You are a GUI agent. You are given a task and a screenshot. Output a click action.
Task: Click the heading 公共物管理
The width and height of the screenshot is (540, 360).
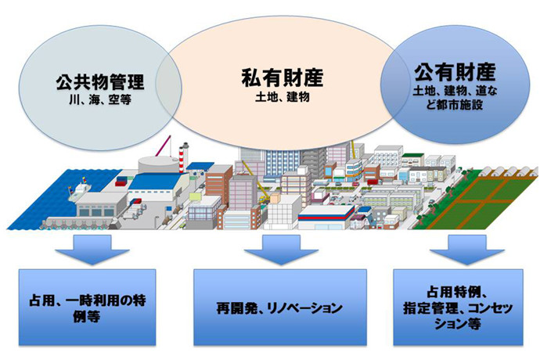click(x=100, y=83)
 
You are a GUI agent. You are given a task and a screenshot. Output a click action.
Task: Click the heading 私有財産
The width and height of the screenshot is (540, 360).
click(x=283, y=77)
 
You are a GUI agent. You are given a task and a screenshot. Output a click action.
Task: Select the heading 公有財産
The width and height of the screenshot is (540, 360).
click(x=455, y=72)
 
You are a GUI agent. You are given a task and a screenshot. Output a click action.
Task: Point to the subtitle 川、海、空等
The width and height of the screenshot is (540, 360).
click(x=100, y=100)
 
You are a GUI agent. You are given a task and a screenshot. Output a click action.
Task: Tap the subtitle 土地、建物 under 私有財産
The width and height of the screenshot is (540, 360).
click(x=283, y=97)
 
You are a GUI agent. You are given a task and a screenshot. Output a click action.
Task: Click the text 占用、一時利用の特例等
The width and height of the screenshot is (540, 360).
click(x=87, y=308)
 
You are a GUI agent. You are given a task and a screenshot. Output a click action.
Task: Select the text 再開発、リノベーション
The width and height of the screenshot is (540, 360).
click(x=279, y=308)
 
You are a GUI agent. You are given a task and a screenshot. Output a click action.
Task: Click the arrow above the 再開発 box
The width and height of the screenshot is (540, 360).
click(x=281, y=250)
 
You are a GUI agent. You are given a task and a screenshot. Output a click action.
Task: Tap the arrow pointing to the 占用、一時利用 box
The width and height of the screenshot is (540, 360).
click(x=92, y=250)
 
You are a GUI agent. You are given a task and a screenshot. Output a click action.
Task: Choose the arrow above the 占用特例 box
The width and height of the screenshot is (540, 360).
click(x=467, y=250)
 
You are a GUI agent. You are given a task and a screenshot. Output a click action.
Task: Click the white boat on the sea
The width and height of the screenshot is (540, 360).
click(x=78, y=190)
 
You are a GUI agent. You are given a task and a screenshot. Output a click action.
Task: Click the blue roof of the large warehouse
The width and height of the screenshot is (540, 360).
click(x=158, y=182)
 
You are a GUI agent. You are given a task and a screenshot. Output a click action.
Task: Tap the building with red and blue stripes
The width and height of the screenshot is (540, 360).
click(x=326, y=217)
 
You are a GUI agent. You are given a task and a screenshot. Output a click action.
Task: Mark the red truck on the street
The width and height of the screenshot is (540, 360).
click(x=373, y=182)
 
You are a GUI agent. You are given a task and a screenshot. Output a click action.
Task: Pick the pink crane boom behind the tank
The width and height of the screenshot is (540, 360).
click(x=163, y=146)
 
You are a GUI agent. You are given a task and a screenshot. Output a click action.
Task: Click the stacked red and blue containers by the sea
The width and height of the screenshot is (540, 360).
click(x=121, y=182)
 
